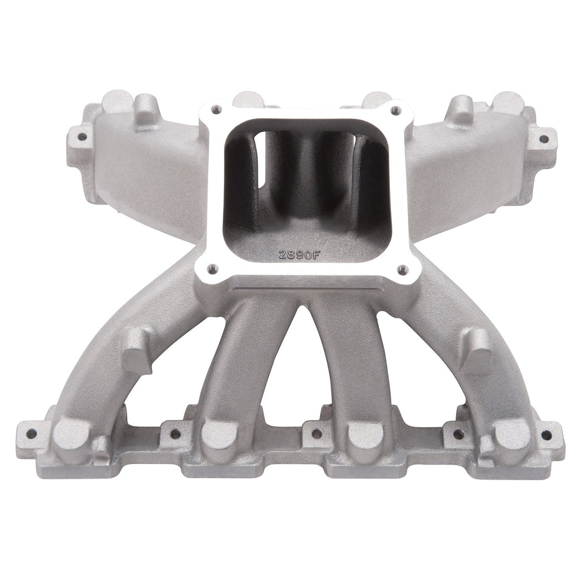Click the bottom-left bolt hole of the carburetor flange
[211, 268]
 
